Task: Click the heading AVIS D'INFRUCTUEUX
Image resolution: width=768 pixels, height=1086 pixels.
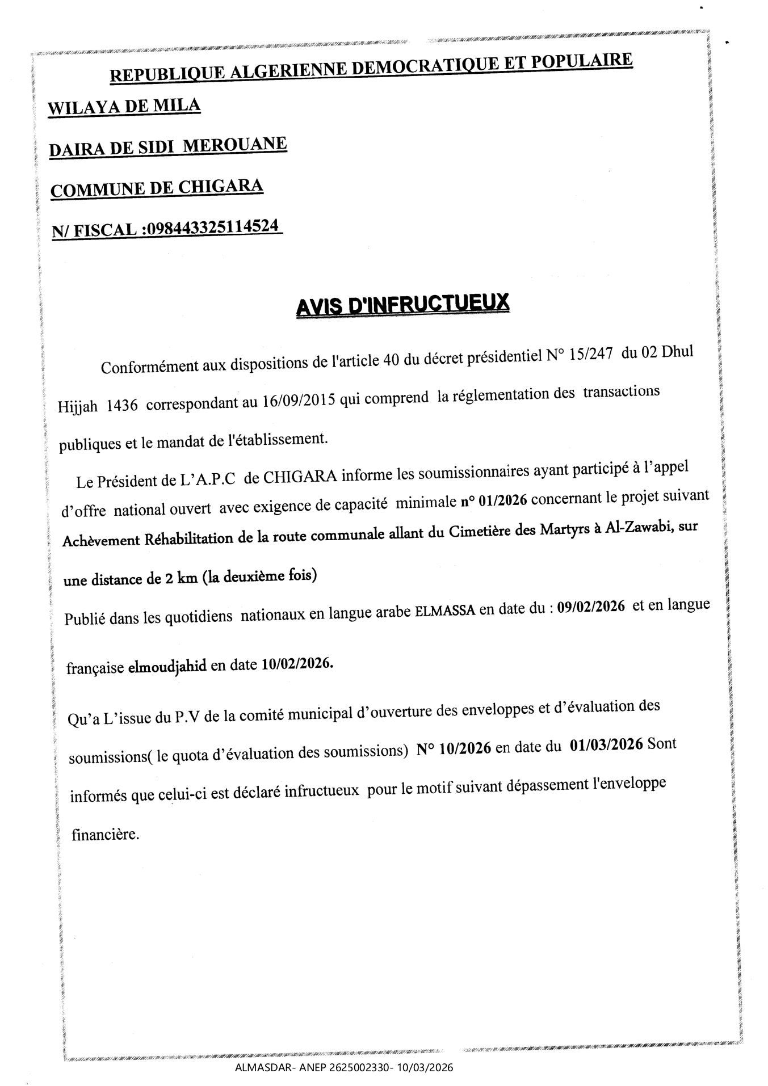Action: point(402,306)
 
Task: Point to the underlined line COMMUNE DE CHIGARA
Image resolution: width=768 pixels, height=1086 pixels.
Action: point(157,188)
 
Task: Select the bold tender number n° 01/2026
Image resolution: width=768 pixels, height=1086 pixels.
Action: point(494,500)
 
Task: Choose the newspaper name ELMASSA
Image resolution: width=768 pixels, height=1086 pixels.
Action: point(446,612)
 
